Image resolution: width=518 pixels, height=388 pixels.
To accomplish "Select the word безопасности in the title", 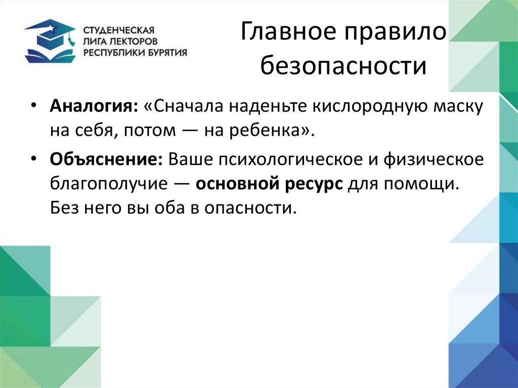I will (344, 66).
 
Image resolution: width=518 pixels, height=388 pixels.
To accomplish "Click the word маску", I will (457, 108).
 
